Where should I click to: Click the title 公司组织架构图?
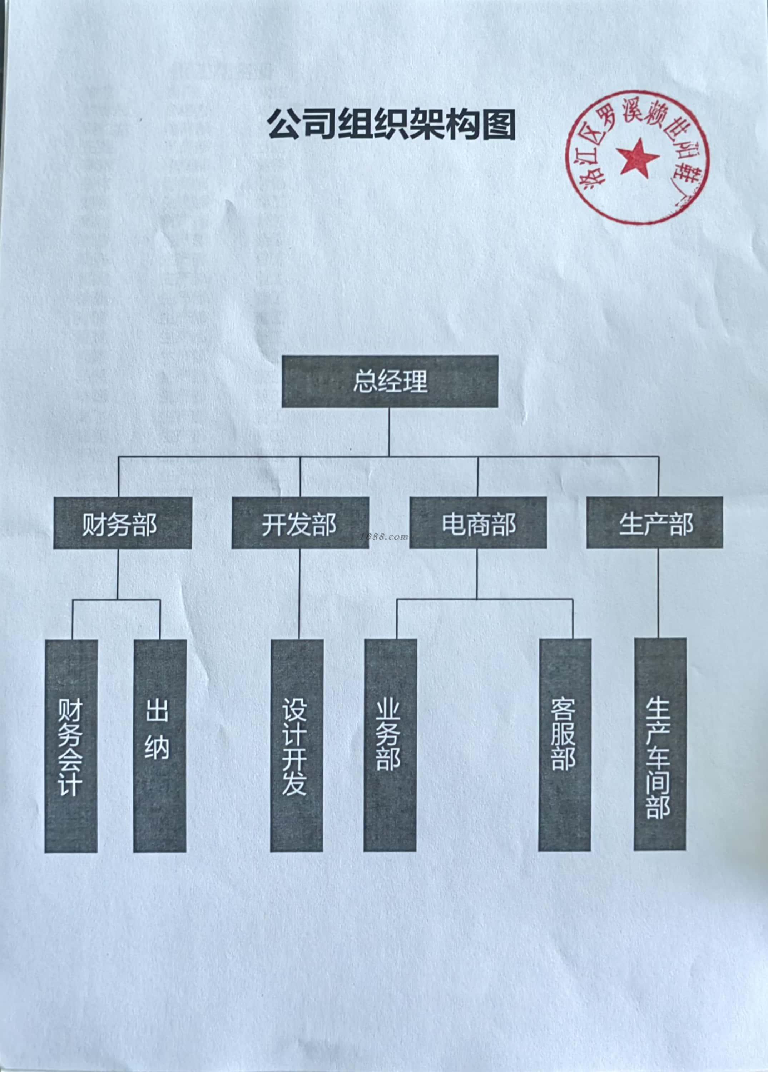pyautogui.click(x=391, y=124)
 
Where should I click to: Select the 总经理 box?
pyautogui.click(x=390, y=381)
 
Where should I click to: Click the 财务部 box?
pyautogui.click(x=123, y=523)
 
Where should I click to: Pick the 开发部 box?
pyautogui.click(x=300, y=523)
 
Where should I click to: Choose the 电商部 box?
pyautogui.click(x=478, y=523)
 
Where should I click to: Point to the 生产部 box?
pyautogui.click(x=655, y=523)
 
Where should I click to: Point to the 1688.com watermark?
pyautogui.click(x=383, y=537)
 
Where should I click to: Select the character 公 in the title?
pyautogui.click(x=283, y=125)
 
